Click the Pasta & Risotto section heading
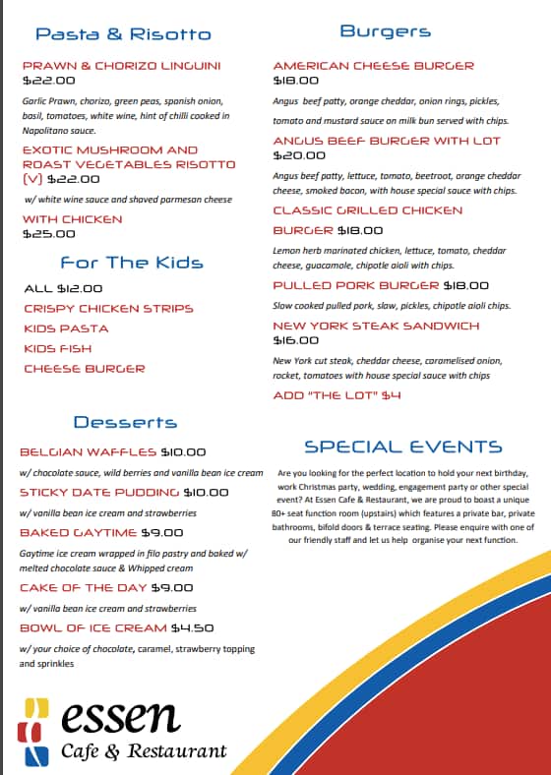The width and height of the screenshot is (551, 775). pos(123,34)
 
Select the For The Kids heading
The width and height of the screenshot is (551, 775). pos(132,263)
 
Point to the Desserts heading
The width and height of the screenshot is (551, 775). pos(125,422)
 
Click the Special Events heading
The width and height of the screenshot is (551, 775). pos(402,447)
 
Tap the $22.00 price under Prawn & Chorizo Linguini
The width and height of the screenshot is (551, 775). pos(48,81)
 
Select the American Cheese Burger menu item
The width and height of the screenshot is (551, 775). pos(373,65)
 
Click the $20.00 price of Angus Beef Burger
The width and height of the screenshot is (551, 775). pos(299,155)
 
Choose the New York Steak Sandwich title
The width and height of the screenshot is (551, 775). pos(376,325)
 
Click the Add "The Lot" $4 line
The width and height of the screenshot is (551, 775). pos(337,395)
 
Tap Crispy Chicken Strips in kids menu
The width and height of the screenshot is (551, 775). pos(108,308)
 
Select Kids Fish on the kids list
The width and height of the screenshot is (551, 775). pos(57,348)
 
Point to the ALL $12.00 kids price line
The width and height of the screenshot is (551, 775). pos(63,288)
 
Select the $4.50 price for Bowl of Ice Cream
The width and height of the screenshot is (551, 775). pos(192,627)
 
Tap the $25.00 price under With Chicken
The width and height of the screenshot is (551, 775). pos(48,234)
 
